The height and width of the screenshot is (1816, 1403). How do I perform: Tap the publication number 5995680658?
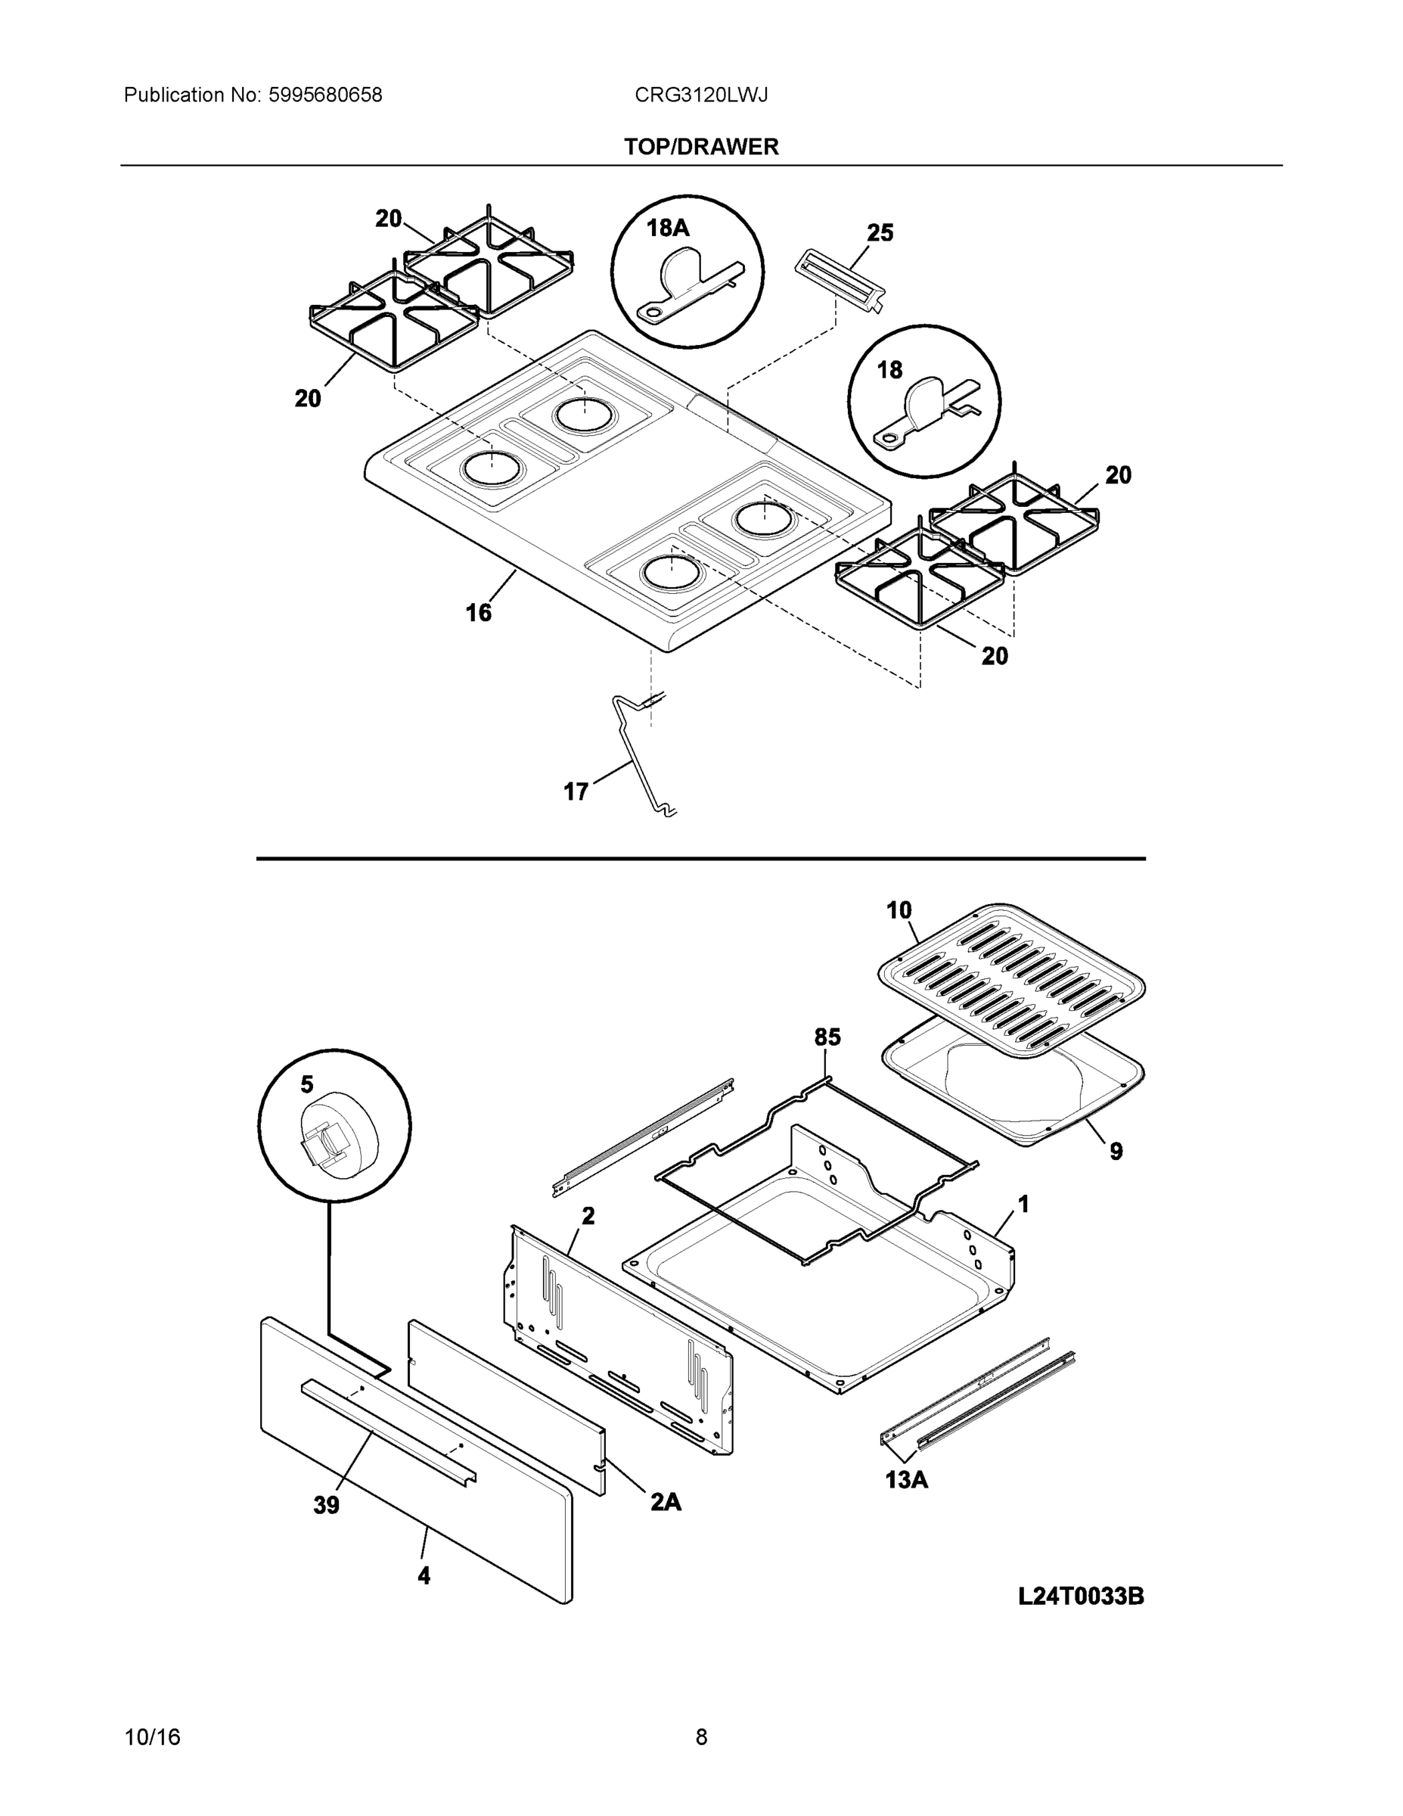[x=325, y=95]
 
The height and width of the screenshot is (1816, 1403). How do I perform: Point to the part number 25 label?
[x=880, y=233]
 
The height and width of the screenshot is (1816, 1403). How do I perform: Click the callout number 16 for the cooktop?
[x=478, y=613]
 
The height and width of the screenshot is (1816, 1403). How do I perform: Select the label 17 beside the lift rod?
[x=576, y=791]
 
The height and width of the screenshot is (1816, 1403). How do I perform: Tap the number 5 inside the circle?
[x=307, y=1084]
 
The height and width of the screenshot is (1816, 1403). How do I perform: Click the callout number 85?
[x=826, y=1037]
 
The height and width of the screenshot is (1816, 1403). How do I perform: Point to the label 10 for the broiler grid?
[x=899, y=910]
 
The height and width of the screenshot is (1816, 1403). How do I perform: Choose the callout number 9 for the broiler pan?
[x=1116, y=1151]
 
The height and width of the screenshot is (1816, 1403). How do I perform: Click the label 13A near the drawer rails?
[x=906, y=1479]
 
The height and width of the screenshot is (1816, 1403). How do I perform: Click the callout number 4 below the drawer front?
[x=424, y=1575]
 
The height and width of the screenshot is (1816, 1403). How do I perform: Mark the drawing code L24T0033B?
[x=1081, y=1597]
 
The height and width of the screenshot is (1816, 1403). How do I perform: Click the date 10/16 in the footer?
[x=152, y=1737]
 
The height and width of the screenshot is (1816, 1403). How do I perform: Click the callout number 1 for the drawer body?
[x=1023, y=1203]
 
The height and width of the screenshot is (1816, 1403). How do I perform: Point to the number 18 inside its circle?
[x=889, y=370]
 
